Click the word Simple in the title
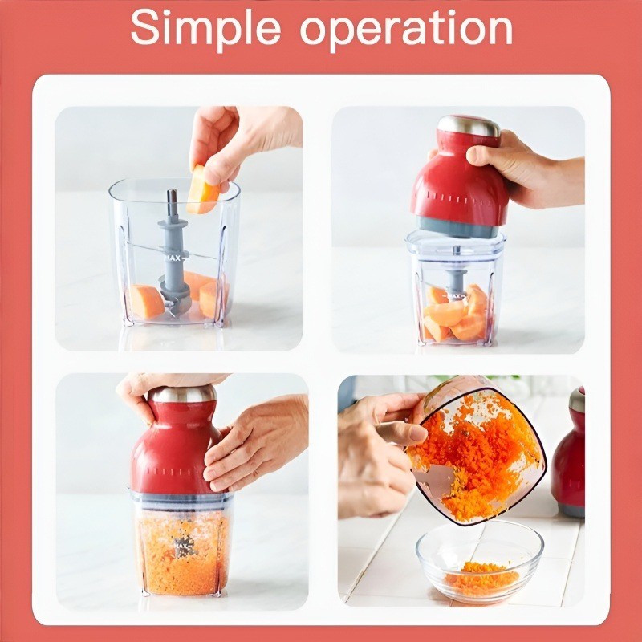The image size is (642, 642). [x=205, y=29]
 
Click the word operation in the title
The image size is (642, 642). [x=406, y=30]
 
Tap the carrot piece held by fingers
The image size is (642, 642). [x=202, y=190]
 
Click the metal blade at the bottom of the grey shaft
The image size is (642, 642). [x=175, y=306]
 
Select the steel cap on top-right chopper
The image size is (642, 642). [x=469, y=127]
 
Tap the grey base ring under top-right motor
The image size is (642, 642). [x=458, y=228]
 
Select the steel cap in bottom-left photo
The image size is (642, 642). [x=182, y=394]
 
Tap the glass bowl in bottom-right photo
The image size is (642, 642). [x=479, y=563]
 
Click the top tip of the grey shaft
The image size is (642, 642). [x=172, y=191]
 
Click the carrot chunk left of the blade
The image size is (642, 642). [x=146, y=302]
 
